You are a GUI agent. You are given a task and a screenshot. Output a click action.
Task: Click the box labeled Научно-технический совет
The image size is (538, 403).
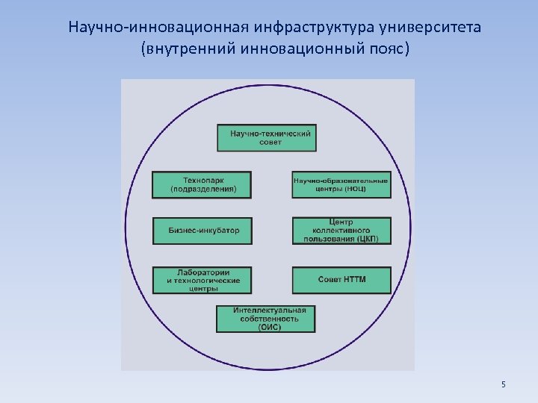point(265,138)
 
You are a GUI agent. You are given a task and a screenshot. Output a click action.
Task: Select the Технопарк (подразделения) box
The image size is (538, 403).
point(202,184)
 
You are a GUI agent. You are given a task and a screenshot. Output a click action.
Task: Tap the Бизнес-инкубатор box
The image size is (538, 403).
point(202,231)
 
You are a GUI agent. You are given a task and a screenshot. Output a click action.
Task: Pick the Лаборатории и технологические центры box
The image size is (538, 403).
point(202,280)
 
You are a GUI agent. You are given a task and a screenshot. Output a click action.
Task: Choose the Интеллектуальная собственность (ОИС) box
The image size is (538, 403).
point(265,319)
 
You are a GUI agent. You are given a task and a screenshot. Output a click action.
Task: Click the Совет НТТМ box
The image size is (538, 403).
point(341,280)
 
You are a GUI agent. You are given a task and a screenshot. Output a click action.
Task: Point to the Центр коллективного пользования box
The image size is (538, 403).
point(341,231)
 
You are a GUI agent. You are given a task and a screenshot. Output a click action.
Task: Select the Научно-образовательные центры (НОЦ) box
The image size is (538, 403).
point(341,184)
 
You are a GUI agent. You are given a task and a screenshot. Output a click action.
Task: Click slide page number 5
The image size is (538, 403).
point(504,384)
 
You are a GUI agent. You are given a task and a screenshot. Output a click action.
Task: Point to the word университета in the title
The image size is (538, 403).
point(431,28)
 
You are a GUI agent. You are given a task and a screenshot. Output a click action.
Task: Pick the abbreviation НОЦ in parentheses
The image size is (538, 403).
point(356,190)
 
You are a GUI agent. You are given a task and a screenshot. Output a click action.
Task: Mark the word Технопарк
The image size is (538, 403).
point(203,180)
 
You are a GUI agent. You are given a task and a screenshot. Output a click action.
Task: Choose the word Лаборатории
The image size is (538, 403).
point(203,272)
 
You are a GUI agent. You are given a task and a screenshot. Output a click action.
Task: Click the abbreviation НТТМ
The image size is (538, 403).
point(354,280)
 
